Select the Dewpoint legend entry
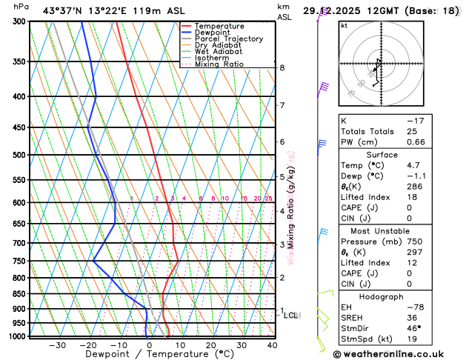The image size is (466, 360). pos(214,33)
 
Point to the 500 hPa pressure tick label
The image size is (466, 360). pos(21,155)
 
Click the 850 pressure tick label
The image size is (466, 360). pos(21,294)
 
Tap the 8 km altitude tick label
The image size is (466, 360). pos(282,68)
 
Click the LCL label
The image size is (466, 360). pos(291,316)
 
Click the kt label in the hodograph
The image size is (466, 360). pos(344,25)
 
